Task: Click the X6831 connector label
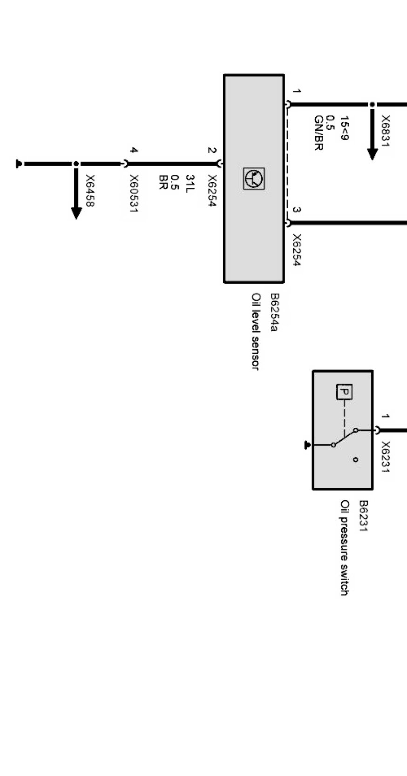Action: (x=386, y=130)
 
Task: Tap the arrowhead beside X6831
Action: (x=372, y=153)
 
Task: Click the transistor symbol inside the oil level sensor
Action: (x=254, y=179)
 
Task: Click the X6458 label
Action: (x=90, y=191)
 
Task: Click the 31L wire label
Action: (x=190, y=184)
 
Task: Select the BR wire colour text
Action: (x=163, y=182)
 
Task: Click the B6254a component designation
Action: (x=274, y=312)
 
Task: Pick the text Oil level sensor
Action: (x=256, y=331)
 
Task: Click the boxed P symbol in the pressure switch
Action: (x=344, y=392)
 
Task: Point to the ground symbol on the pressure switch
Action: (x=307, y=445)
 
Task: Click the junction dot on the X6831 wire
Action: (x=372, y=105)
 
